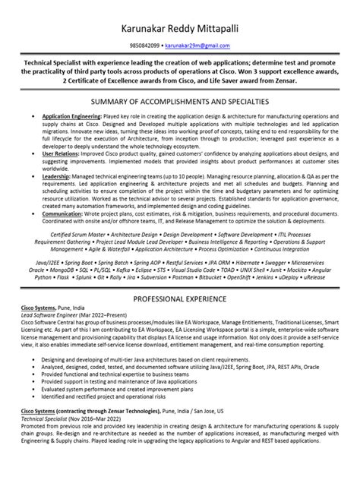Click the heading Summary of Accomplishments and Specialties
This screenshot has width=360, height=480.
(180, 101)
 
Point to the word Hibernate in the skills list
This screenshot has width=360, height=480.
(256, 261)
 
